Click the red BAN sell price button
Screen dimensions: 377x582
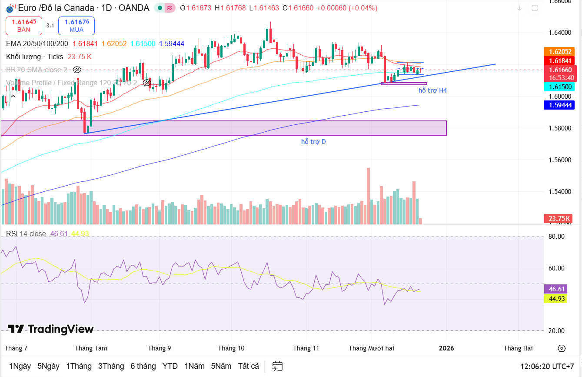tap(24, 26)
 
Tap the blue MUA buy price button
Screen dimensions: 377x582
tap(76, 26)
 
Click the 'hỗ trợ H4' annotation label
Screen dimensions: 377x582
tap(432, 90)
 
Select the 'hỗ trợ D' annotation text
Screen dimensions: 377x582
tap(313, 142)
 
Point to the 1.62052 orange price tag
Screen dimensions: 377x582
tap(560, 51)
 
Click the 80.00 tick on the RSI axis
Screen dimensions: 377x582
tap(556, 237)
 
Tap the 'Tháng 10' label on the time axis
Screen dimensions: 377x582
tap(231, 348)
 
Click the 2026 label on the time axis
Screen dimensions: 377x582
tap(446, 348)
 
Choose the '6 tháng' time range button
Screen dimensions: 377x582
tap(143, 366)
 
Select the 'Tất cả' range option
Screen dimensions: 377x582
tap(248, 366)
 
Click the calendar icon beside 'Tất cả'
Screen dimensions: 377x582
tap(277, 366)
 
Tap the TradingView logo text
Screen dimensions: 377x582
tap(51, 329)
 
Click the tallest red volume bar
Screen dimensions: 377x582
tap(368, 196)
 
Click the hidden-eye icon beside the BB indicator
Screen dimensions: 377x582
tap(77, 70)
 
